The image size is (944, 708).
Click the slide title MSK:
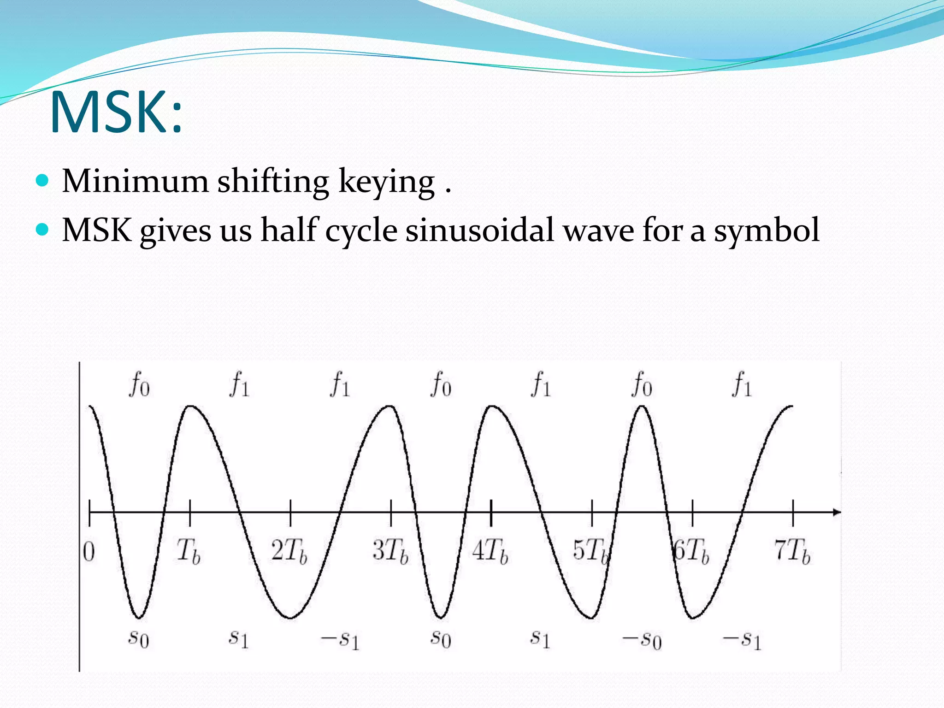(116, 112)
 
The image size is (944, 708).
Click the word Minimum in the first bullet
(135, 181)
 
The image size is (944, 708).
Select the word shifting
(273, 181)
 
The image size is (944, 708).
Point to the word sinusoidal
(479, 230)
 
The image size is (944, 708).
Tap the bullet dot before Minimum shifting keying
(42, 180)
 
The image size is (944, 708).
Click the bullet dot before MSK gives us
(42, 229)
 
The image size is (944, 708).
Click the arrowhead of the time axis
(836, 512)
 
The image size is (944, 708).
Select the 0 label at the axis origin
(89, 552)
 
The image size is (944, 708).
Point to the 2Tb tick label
(289, 551)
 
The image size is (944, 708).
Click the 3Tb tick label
(390, 551)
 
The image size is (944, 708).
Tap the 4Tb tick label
(490, 551)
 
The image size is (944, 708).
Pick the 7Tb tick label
(792, 551)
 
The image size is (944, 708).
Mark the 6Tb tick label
(691, 551)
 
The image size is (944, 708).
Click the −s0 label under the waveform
(642, 640)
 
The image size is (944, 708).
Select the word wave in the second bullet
(598, 230)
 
